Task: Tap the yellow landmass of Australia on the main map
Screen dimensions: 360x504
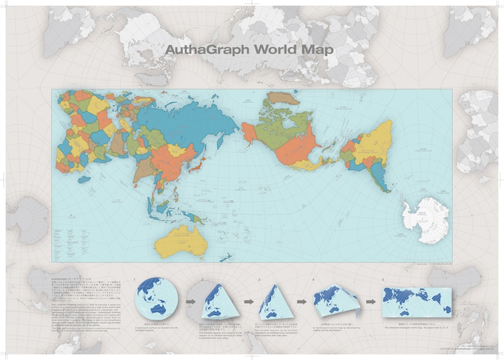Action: pyautogui.click(x=181, y=239)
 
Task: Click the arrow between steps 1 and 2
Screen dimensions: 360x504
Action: pyautogui.click(x=190, y=301)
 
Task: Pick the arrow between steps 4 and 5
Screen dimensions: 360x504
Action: pyautogui.click(x=370, y=301)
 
